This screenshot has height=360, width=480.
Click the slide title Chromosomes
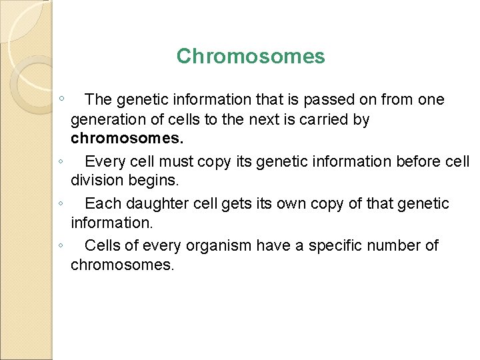(x=251, y=57)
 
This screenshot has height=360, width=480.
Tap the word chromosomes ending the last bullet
(x=123, y=265)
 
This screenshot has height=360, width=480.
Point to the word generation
(x=109, y=121)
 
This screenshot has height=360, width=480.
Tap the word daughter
(x=157, y=203)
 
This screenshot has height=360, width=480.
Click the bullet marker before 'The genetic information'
(x=61, y=99)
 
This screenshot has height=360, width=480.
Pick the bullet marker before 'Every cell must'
(x=61, y=161)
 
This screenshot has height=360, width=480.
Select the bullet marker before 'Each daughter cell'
(x=61, y=203)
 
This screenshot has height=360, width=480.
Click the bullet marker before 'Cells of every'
(x=61, y=245)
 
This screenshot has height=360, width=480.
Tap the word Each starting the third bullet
(x=101, y=203)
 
